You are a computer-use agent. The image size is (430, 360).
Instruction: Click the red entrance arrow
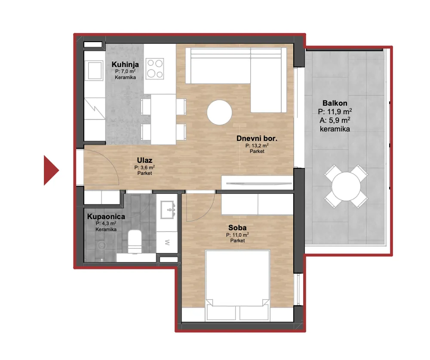[x=50, y=170]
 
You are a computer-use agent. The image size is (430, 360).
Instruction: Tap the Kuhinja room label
[x=125, y=64]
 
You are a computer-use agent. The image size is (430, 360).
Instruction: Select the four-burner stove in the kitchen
[x=155, y=68]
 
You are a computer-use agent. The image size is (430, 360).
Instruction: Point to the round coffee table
[x=219, y=112]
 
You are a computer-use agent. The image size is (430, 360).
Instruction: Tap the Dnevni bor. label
[x=257, y=138]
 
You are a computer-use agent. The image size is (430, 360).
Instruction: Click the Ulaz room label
[x=144, y=160]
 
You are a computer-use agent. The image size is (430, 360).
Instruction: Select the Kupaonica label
[x=106, y=217]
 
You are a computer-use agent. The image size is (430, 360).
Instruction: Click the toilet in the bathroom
[x=135, y=241]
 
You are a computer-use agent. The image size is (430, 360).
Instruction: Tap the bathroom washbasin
[x=167, y=210]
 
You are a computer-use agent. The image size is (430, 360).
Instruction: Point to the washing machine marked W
[x=167, y=242]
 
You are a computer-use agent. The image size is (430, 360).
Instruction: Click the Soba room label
[x=237, y=228]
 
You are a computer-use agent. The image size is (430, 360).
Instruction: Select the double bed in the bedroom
[x=237, y=285]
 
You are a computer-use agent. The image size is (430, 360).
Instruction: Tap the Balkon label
[x=335, y=103]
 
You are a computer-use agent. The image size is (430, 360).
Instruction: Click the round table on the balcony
[x=346, y=186]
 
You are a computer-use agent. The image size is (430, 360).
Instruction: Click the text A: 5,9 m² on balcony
[x=335, y=120]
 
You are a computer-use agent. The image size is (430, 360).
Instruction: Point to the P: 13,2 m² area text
[x=257, y=146]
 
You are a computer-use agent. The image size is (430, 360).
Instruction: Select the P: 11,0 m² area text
[x=237, y=235]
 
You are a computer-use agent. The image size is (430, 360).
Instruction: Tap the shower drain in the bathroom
[x=102, y=245]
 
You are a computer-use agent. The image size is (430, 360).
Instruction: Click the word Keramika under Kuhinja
[x=125, y=77]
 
